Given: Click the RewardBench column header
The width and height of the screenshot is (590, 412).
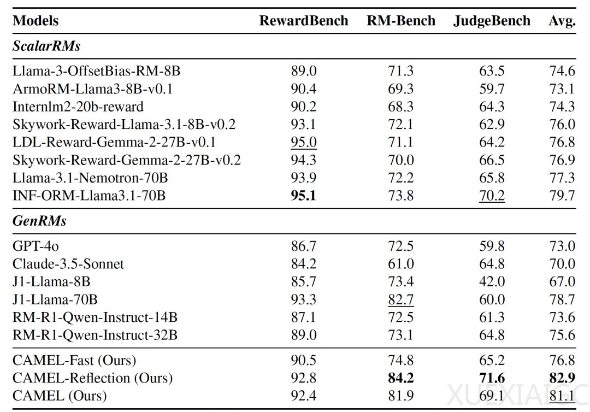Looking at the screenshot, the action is (x=304, y=21).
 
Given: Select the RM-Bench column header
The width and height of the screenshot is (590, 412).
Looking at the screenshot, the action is (x=401, y=21).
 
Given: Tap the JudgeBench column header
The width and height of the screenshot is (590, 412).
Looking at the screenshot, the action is (x=492, y=21).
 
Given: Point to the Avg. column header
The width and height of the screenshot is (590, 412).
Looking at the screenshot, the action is (x=562, y=21).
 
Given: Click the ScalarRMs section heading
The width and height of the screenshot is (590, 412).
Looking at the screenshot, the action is (x=46, y=46).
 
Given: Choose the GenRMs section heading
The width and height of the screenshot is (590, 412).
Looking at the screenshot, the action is (x=39, y=221).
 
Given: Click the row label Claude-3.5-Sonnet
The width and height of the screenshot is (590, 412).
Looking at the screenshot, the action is (x=68, y=264).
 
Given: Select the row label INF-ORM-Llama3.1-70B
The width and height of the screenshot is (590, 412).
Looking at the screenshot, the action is (x=89, y=196).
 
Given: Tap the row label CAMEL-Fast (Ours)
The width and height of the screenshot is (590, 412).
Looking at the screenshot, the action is (x=74, y=361).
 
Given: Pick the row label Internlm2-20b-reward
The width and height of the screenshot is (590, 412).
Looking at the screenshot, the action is (x=78, y=107).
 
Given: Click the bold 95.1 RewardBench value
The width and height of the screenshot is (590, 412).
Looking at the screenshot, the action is (x=303, y=196).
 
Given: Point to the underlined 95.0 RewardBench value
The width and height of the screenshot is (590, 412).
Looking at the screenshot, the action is (x=303, y=142).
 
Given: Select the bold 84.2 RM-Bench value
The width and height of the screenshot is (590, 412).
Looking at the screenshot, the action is (x=401, y=378).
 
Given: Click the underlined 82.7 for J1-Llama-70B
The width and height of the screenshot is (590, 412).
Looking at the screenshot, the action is (x=401, y=300).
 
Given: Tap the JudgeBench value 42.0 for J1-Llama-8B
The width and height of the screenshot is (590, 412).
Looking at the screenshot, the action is (x=492, y=282).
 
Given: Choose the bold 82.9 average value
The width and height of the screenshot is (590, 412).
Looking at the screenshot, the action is (x=562, y=378).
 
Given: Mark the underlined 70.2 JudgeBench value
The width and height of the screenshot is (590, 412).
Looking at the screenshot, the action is (x=492, y=196).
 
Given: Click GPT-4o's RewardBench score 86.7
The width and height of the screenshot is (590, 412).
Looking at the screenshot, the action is (x=303, y=246).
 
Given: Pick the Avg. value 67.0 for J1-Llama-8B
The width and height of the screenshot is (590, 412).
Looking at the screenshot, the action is (x=562, y=282).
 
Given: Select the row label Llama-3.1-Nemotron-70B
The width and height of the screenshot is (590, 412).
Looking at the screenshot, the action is (x=90, y=178).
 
